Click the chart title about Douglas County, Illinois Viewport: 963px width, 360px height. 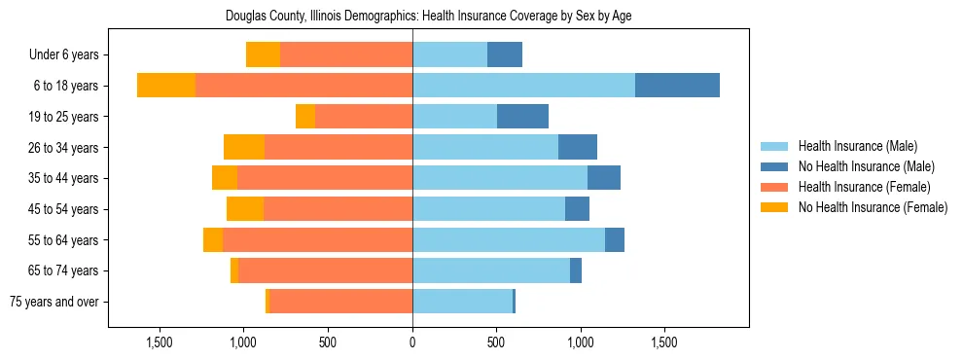(x=428, y=17)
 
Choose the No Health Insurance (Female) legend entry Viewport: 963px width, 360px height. (x=873, y=207)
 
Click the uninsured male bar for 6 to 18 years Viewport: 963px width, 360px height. (x=677, y=86)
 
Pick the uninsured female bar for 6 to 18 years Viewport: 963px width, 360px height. (x=166, y=86)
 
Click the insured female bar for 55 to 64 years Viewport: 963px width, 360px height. (x=317, y=239)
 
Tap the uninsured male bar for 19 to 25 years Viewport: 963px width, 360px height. (x=522, y=117)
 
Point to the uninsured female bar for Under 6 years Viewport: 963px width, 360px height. (x=263, y=55)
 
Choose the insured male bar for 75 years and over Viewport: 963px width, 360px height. (x=462, y=302)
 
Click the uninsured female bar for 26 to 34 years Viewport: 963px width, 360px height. (x=244, y=147)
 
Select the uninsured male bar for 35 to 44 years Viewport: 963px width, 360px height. (x=604, y=178)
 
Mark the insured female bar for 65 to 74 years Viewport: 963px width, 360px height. (x=325, y=270)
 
